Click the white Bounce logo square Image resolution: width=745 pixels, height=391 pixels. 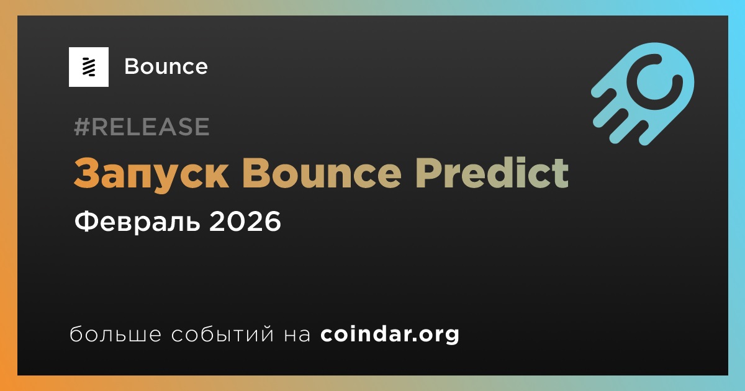pos(88,67)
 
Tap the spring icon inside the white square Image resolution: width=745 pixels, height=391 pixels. pos(89,67)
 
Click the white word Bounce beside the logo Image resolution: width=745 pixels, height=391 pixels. pos(166,66)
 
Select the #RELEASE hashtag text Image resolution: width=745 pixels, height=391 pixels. pos(142,127)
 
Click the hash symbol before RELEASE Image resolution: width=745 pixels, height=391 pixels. pos(81,127)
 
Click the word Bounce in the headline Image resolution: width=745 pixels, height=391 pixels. pos(322,173)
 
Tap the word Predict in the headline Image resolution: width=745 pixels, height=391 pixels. pos(492,173)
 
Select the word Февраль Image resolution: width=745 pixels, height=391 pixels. pos(137,222)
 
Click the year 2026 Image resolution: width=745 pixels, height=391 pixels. pos(245,222)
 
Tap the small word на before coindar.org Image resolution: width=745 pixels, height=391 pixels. pos(297,335)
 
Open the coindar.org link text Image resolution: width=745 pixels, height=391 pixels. pos(390,335)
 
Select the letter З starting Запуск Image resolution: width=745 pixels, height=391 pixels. pos(87,173)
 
